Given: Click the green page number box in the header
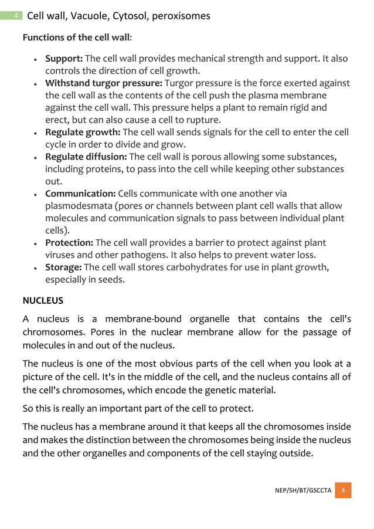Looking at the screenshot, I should point(16,16).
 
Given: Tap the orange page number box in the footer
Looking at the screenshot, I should point(343,490).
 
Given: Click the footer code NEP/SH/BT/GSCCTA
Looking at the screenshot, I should point(303,490).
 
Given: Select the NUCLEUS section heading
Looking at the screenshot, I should point(43,300).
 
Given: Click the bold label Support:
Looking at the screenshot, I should point(64,59).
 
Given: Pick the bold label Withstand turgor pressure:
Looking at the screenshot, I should point(104,83).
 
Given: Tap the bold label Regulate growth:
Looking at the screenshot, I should point(83,132).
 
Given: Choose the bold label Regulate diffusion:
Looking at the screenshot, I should point(86,157).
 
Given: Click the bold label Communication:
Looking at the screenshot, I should point(80,194).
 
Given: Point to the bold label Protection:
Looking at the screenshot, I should point(69,243).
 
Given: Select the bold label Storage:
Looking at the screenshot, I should point(64,267).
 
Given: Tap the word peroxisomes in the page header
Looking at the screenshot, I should point(181,16).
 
